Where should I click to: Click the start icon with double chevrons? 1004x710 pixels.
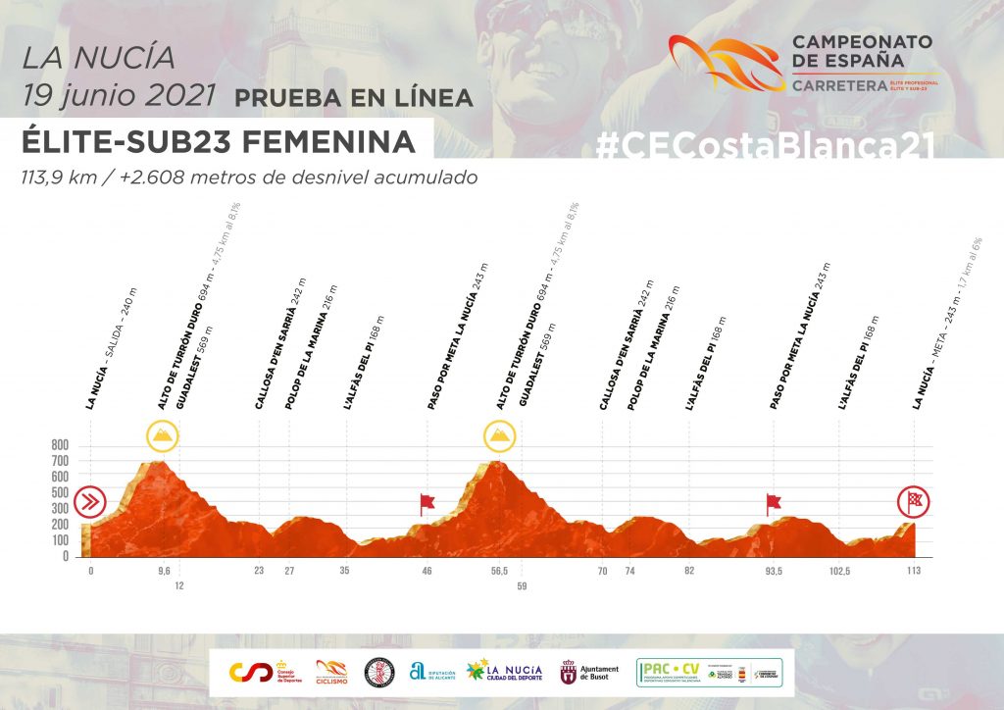[x=90, y=503]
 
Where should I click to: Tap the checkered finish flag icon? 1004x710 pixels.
[x=914, y=503]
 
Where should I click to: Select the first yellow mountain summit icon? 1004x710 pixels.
[x=162, y=435]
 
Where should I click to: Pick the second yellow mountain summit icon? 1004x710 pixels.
[x=499, y=435]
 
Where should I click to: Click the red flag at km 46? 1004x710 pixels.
[x=427, y=504]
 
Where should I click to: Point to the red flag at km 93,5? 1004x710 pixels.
[x=774, y=504]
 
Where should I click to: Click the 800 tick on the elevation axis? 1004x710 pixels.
[x=60, y=444]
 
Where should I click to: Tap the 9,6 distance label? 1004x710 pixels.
[x=163, y=571]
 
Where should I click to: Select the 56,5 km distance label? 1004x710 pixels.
[x=499, y=571]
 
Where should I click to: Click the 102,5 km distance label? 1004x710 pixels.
[x=840, y=571]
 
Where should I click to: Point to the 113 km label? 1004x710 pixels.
[x=913, y=571]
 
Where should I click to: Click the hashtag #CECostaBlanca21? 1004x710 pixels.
[x=764, y=144]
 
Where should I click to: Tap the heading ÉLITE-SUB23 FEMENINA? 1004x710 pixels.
[x=218, y=141]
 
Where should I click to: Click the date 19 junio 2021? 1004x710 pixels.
[x=119, y=95]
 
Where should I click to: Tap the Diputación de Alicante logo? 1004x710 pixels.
[x=432, y=672]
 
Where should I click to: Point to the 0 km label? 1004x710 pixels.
[x=90, y=571]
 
